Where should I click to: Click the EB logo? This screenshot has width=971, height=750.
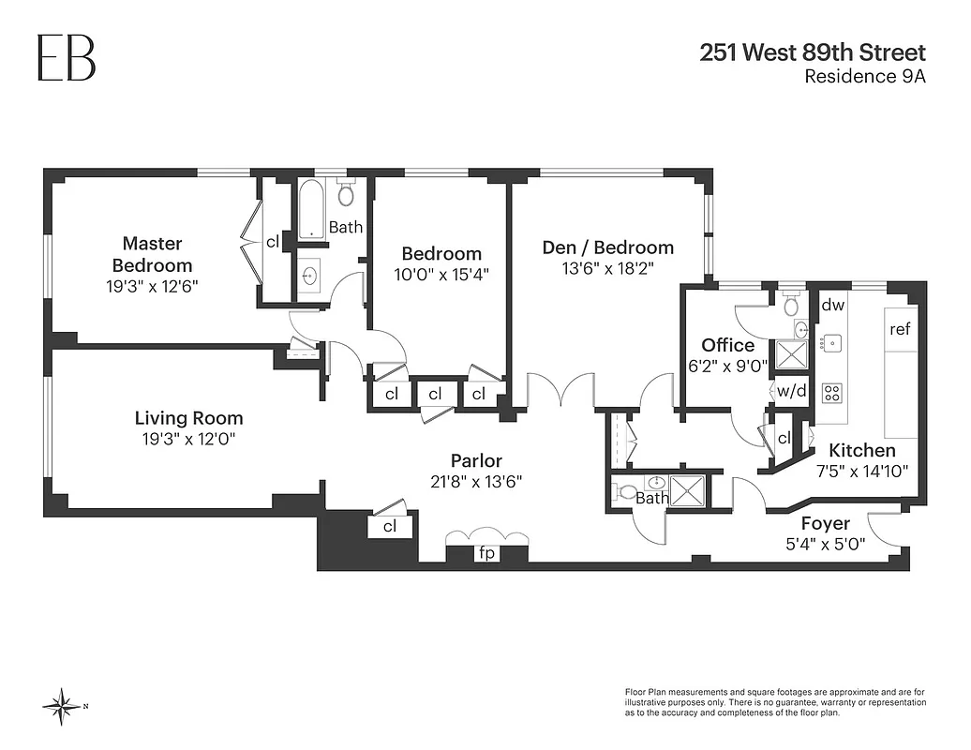pos(66,57)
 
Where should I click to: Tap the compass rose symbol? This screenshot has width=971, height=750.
pos(63,705)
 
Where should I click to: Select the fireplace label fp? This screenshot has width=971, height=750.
pos(487,553)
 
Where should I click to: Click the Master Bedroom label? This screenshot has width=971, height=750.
pos(152,254)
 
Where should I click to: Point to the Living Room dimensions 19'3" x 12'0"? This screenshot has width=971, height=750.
pos(188,438)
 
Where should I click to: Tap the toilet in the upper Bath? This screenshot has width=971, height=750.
pos(345,193)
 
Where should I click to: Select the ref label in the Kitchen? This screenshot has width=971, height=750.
pos(901,329)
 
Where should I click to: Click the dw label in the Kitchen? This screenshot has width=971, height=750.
pos(833,305)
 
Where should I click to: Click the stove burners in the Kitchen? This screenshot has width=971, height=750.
pos(831,392)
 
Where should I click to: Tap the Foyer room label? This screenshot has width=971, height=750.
pos(825,523)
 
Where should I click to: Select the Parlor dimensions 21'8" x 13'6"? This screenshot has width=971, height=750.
pos(476,481)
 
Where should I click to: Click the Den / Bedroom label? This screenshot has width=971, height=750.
pos(607,247)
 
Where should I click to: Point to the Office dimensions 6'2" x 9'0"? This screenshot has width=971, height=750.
pos(727,367)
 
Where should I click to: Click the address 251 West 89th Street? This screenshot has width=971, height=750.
pos(813,52)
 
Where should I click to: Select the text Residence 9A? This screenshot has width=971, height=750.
pos(865,77)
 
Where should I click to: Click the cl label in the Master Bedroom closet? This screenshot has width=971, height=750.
pos(273,242)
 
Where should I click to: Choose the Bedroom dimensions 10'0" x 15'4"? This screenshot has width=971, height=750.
pos(441,274)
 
